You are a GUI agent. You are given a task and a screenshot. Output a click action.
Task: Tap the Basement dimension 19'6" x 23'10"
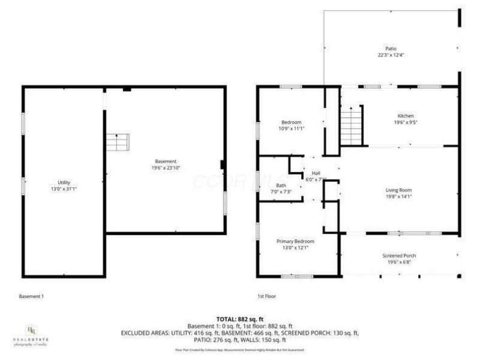[166, 168]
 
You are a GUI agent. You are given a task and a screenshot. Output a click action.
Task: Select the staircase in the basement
[118, 142]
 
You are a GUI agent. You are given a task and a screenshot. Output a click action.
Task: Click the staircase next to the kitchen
[352, 125]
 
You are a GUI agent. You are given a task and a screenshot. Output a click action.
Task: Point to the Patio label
[391, 49]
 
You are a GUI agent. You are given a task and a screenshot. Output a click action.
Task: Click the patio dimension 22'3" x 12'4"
[391, 55]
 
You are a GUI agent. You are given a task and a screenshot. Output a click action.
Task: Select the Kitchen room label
[406, 116]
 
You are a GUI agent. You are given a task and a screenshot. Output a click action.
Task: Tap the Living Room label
[398, 190]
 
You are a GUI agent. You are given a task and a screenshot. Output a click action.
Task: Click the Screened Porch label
[399, 256]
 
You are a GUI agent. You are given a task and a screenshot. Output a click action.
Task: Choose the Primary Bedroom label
[295, 241]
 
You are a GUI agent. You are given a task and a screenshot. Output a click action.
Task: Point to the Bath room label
[281, 185]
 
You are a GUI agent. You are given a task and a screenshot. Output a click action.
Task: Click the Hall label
[316, 173]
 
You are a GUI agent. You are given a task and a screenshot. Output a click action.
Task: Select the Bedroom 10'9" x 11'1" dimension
[292, 128]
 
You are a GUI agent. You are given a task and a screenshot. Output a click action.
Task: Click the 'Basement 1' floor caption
[31, 296]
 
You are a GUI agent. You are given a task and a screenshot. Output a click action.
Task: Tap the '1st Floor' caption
[266, 296]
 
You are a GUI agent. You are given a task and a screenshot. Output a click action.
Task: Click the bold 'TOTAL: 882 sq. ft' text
[240, 319]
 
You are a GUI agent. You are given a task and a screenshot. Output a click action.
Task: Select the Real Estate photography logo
[31, 335]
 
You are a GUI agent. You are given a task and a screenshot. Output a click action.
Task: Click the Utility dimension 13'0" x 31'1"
[64, 188]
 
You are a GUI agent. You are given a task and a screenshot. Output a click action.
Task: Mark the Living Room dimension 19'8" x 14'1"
[398, 197]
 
